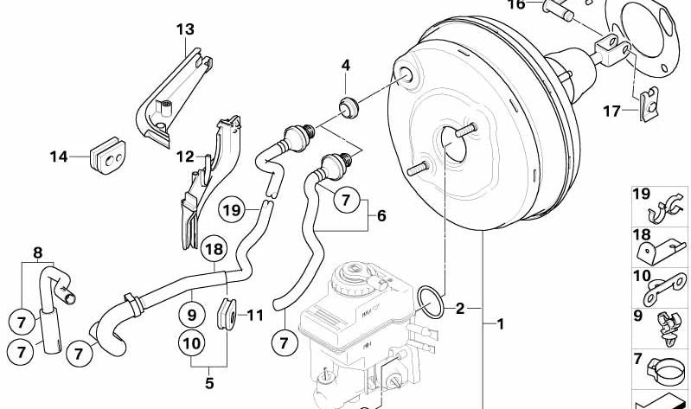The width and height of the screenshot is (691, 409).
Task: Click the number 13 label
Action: point(185,29)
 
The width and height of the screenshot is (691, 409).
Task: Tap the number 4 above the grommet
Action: point(345,65)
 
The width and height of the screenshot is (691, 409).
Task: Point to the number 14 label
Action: point(58,157)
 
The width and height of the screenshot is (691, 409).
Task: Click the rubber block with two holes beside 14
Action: point(110,154)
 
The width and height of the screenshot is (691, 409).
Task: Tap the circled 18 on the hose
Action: point(215,249)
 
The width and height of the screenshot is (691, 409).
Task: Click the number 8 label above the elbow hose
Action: point(36,253)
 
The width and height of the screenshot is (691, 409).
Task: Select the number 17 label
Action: point(611,111)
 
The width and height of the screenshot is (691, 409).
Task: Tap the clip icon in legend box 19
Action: point(663,210)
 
